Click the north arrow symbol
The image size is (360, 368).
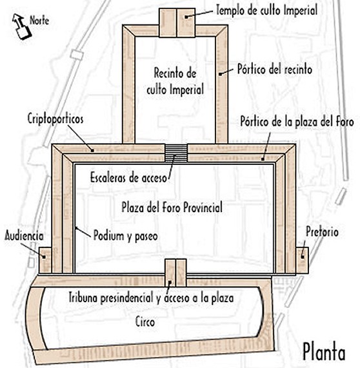click(21, 26)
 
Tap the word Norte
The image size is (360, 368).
click(39, 21)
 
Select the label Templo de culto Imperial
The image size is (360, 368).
click(266, 10)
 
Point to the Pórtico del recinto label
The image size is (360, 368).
click(275, 69)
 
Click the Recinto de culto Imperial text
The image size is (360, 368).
click(175, 81)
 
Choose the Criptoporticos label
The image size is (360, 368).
click(55, 119)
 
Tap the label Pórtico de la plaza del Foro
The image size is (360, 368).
click(297, 122)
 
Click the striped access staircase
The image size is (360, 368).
click(176, 153)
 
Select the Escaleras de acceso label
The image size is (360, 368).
click(128, 178)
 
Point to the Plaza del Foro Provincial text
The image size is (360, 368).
click(172, 208)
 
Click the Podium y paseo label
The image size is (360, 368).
click(125, 236)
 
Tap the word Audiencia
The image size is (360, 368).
click(24, 235)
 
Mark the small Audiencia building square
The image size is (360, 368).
click(45, 260)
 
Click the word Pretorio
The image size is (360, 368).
click(322, 232)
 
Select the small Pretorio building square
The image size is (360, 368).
click(302, 260)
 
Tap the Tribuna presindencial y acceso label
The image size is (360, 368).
click(151, 298)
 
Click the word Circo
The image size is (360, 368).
click(145, 322)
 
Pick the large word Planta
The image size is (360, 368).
click(324, 351)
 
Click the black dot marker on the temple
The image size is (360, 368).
click(186, 17)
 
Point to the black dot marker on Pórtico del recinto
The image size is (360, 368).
click(221, 74)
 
